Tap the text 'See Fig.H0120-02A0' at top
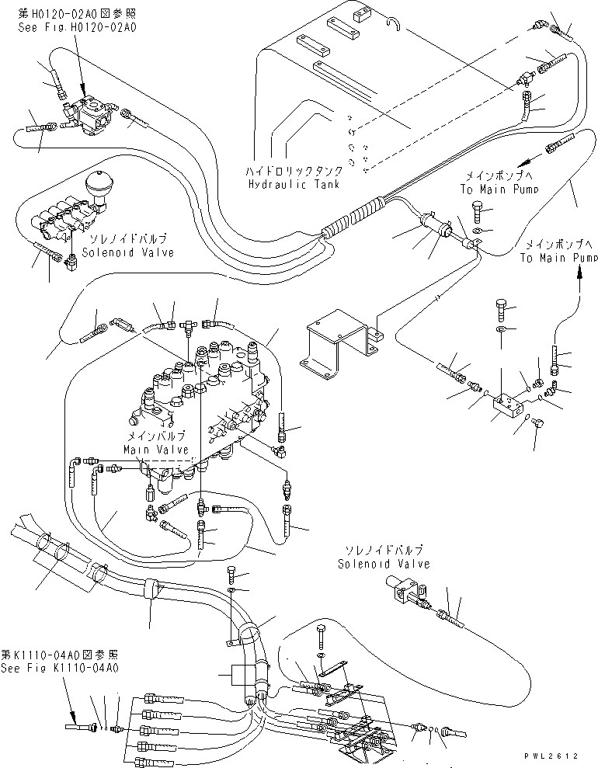point(77,27)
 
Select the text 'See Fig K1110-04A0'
point(59,667)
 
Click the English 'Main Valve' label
point(155,450)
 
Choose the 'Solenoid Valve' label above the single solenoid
point(383,564)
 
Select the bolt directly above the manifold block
point(501,308)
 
